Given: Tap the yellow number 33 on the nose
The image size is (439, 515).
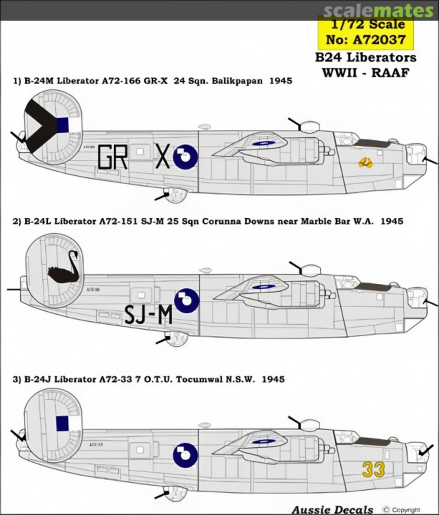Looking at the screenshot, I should point(373,470).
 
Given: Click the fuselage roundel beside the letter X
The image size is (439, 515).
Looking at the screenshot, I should point(185,157).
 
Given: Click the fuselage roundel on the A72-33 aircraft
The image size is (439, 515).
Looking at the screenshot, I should point(185,454).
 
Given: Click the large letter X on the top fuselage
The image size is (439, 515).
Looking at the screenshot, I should point(163,157).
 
